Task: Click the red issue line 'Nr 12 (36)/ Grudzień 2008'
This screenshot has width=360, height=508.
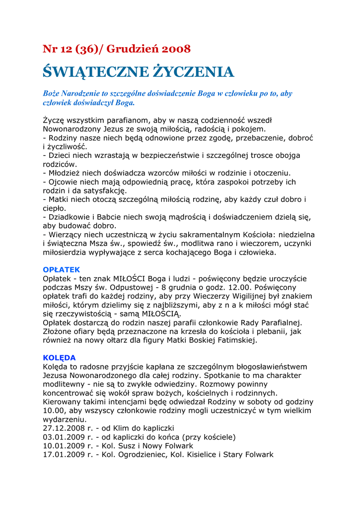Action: click(x=117, y=49)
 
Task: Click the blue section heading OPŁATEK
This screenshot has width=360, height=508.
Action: click(x=62, y=269)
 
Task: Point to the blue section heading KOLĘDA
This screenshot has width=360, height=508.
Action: click(x=60, y=358)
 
